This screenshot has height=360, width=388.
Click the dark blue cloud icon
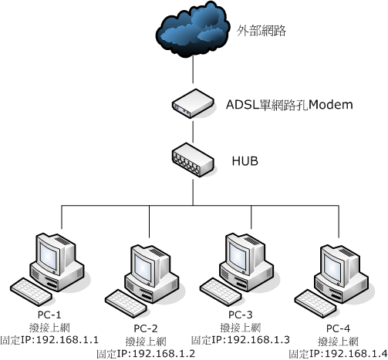pos(193,29)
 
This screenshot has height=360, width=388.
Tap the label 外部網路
pos(261,31)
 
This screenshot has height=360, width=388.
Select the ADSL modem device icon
pos(193,103)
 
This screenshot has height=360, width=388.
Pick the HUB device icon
pos(193,160)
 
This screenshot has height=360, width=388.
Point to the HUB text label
pos(245,161)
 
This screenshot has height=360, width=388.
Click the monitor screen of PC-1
pos(49,254)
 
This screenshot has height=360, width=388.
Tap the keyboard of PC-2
pos(126,303)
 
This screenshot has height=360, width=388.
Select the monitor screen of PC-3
pos(238,254)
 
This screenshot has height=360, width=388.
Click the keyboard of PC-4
pos(315,303)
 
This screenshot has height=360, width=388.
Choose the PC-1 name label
pos(49,315)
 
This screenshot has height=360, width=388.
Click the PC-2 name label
pos(146,328)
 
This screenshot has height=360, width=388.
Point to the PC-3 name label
pos(241,315)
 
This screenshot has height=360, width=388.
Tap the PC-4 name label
pos(338,328)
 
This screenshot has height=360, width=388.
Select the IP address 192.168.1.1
pos(67,340)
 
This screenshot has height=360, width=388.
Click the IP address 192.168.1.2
pos(164,354)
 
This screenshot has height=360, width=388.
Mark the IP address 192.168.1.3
pos(258,340)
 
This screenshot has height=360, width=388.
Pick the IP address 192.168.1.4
pos(356,354)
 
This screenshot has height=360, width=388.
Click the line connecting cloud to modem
pos(193,69)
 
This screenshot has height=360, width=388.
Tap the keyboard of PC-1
pos(32,291)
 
